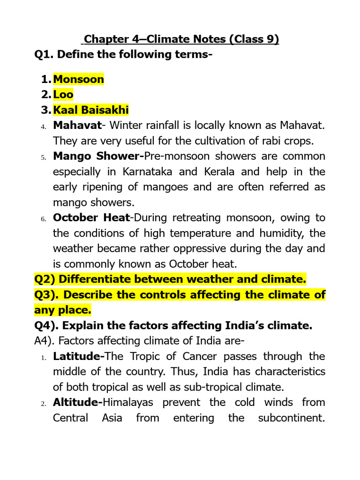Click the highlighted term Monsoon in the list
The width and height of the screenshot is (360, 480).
(x=78, y=79)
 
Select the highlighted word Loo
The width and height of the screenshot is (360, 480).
(x=63, y=95)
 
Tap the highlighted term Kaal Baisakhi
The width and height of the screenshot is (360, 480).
(x=91, y=110)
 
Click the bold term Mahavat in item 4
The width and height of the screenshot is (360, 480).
(x=77, y=126)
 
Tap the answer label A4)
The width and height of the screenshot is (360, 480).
(x=45, y=341)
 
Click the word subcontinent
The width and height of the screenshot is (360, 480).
(x=292, y=418)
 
